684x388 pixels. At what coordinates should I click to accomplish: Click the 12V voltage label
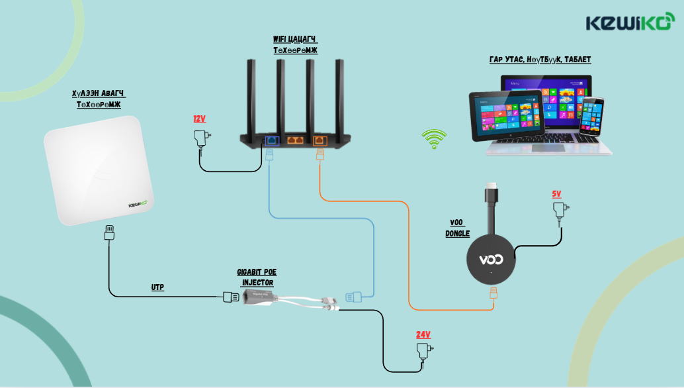pos(199,119)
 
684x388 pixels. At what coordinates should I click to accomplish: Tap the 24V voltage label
pos(423,334)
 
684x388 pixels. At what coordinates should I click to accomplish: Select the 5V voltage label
pos(556,194)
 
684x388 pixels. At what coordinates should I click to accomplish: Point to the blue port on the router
pos(271,140)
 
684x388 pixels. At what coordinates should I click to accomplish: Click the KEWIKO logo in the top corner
pos(629,23)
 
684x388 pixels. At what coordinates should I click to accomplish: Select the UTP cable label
pos(157,287)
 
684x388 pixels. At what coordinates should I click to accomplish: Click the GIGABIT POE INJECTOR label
pos(255,277)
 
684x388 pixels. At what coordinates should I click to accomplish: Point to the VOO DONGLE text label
pos(457,228)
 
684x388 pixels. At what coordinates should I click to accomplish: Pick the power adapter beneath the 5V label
pos(560,211)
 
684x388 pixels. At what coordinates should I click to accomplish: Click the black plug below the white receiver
pos(109,233)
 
